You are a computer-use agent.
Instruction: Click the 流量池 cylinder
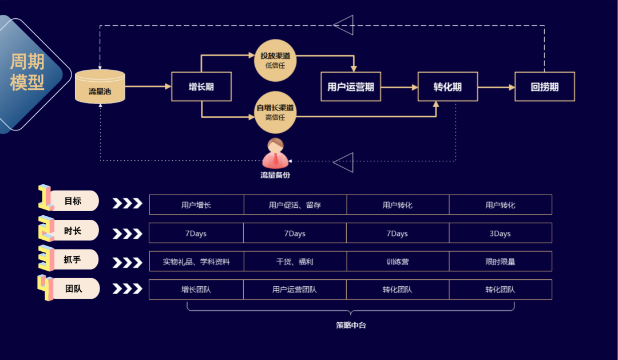[x=100, y=86]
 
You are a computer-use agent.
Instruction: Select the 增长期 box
[x=201, y=87]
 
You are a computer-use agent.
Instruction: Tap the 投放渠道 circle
[x=275, y=60]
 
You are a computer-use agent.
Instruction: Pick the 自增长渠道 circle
[x=275, y=112]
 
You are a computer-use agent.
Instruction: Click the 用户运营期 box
[x=351, y=87]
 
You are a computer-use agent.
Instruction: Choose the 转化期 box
[x=447, y=87]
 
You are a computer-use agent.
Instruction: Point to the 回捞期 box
[x=544, y=87]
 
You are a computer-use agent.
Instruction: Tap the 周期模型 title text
[x=27, y=72]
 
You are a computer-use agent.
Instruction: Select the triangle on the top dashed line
[x=344, y=25]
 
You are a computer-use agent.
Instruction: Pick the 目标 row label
[x=73, y=201]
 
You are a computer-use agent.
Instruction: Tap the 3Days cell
[x=500, y=234]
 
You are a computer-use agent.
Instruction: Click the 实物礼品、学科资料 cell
[x=196, y=262]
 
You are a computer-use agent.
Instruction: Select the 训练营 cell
[x=397, y=262]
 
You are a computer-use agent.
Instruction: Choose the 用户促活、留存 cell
[x=295, y=205]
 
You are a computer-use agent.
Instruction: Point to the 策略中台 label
[x=351, y=325]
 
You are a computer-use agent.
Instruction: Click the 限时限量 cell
[x=500, y=262]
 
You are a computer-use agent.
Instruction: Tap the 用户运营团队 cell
[x=295, y=290]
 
